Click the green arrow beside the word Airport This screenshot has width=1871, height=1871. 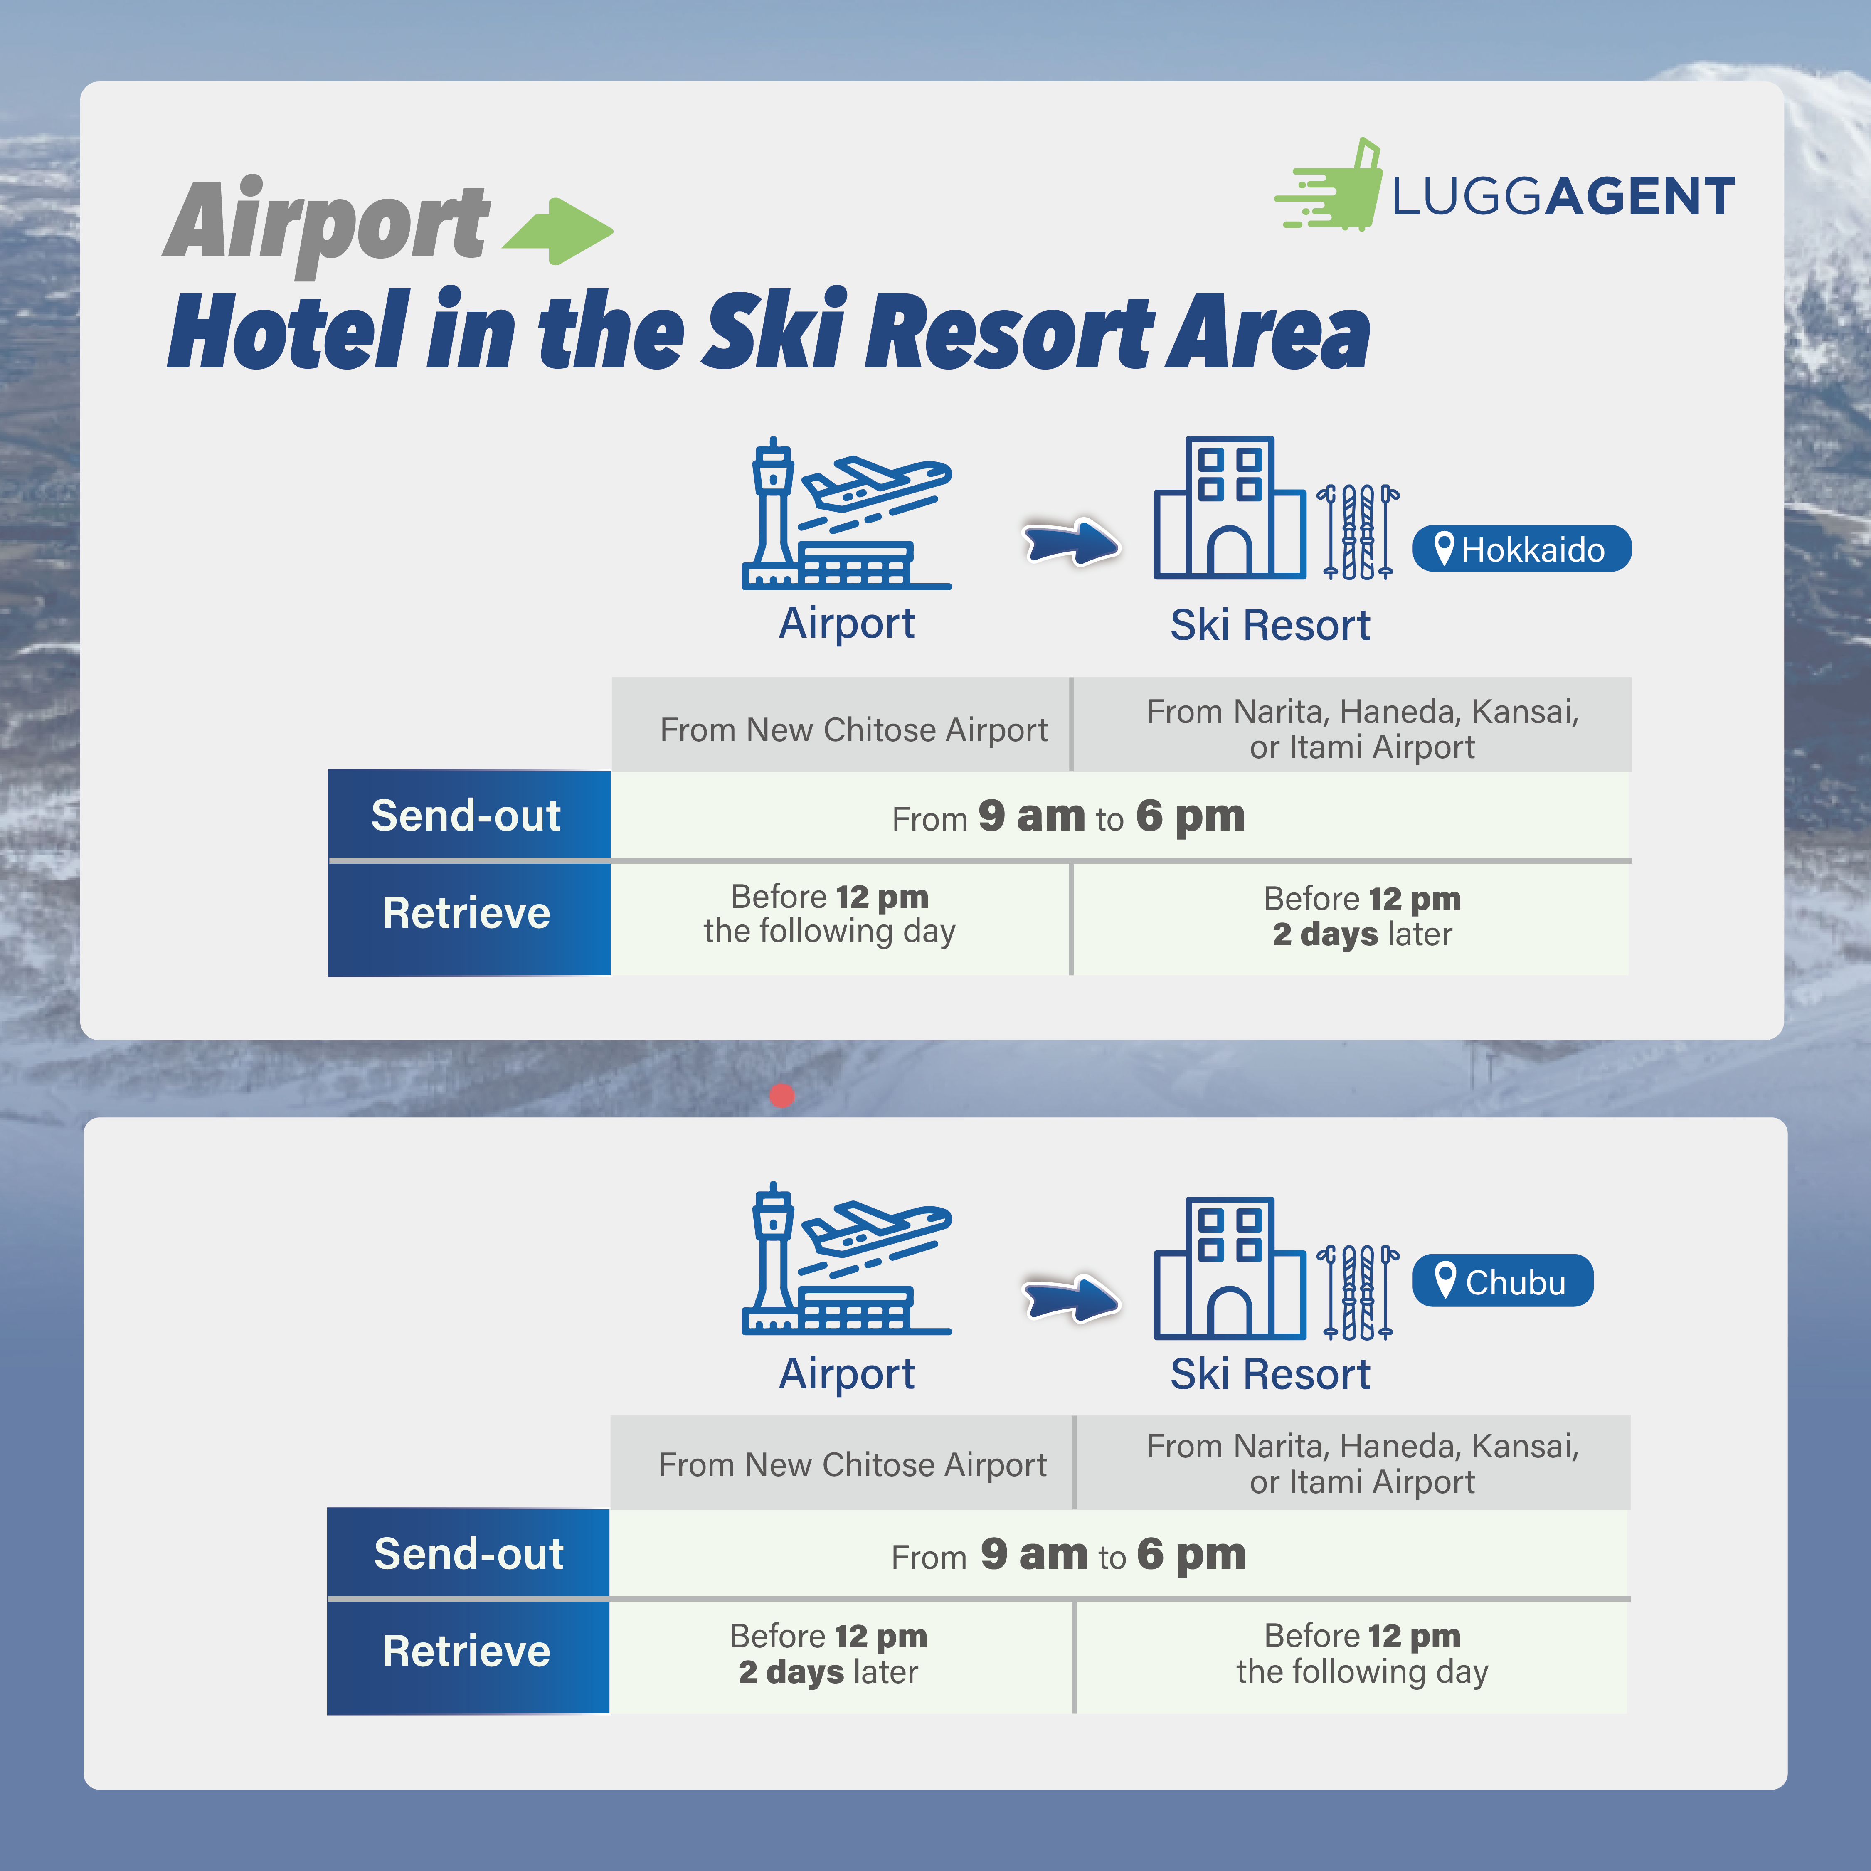point(559,230)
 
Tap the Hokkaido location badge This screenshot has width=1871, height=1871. point(1521,549)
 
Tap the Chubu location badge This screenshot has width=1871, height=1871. point(1502,1281)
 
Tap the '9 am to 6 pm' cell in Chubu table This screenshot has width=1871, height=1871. point(1069,1554)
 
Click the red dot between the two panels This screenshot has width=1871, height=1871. point(782,1095)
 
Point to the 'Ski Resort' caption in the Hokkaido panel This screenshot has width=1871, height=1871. point(1270,625)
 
